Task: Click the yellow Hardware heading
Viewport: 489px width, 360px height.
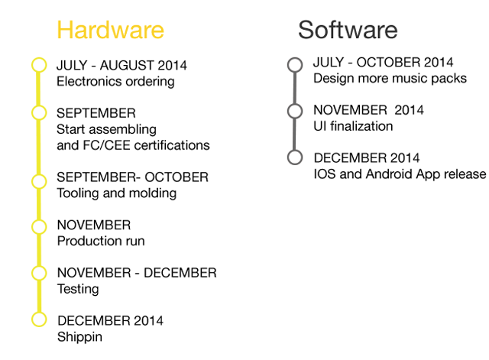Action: tap(110, 30)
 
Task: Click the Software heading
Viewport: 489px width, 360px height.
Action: tap(348, 30)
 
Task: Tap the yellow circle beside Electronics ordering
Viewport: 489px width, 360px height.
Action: tap(39, 58)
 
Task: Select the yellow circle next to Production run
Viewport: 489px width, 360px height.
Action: tap(39, 219)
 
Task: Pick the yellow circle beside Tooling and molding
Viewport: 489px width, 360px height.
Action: tap(39, 174)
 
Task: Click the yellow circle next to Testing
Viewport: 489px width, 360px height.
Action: tap(39, 266)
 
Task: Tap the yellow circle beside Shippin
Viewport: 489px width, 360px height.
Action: tap(39, 313)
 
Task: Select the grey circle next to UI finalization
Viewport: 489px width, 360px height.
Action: tap(295, 104)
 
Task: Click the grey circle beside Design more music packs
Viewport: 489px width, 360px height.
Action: tap(295, 58)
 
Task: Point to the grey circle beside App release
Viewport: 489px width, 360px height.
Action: tap(295, 150)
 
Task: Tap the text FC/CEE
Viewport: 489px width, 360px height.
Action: tap(107, 145)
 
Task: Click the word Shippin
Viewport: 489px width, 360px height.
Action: tap(79, 337)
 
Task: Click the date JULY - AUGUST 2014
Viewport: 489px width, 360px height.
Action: tap(121, 66)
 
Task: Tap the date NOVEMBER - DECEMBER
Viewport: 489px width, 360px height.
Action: tap(137, 273)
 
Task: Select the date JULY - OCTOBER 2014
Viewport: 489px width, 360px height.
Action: tap(384, 63)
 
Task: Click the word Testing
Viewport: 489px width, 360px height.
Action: tap(78, 289)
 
